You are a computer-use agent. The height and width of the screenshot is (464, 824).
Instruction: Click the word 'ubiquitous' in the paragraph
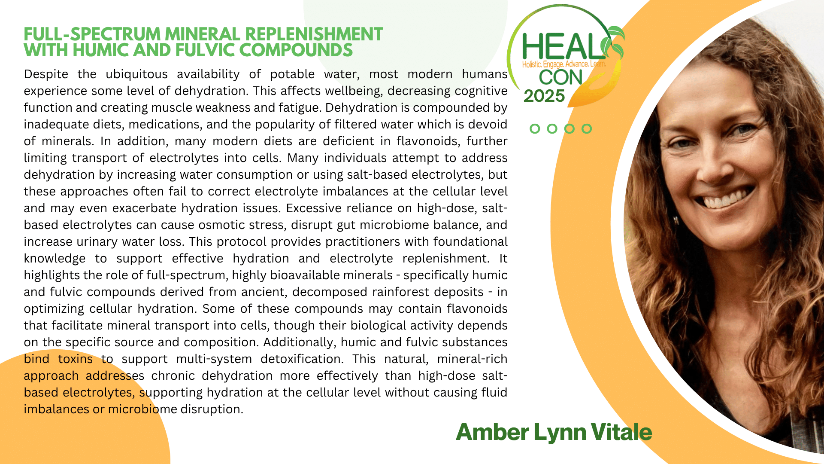tap(136, 74)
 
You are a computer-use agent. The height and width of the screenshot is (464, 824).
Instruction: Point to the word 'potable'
tap(292, 74)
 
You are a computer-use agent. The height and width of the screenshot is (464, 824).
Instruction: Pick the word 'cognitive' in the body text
tap(481, 91)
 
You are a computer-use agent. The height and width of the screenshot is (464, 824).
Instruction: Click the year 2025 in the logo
tap(544, 96)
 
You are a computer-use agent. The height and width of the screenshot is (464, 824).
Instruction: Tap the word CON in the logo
tap(560, 78)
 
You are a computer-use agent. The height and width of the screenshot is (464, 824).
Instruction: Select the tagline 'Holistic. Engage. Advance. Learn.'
tap(564, 64)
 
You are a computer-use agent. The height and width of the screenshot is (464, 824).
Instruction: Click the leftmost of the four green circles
tap(535, 128)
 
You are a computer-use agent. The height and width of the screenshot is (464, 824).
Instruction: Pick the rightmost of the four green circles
tap(587, 128)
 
